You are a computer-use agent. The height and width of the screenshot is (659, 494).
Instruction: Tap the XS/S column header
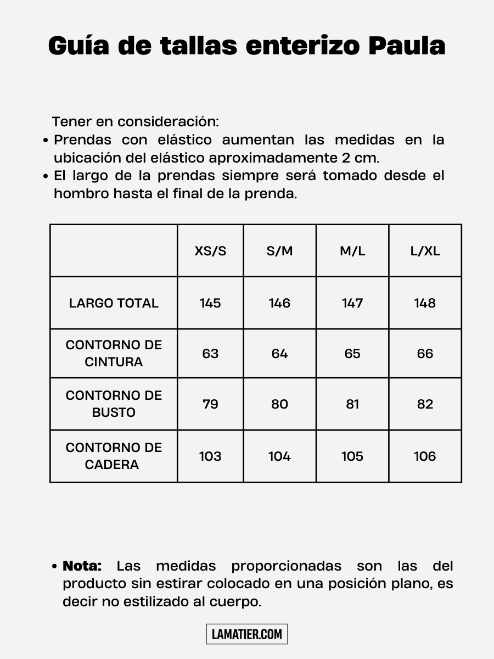pyautogui.click(x=210, y=251)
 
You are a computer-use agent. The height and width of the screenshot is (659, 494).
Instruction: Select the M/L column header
pyautogui.click(x=352, y=251)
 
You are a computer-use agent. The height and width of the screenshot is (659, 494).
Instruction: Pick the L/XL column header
pyautogui.click(x=425, y=251)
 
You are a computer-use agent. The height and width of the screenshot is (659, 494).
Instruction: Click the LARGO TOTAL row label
pyautogui.click(x=114, y=303)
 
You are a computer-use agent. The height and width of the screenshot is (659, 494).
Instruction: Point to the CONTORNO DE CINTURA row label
pyautogui.click(x=114, y=353)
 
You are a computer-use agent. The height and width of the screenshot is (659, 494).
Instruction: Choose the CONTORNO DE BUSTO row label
pyautogui.click(x=114, y=404)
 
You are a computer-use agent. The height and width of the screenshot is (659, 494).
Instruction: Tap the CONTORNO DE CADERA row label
pyautogui.click(x=114, y=456)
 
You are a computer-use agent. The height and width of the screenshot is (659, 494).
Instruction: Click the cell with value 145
pyautogui.click(x=210, y=303)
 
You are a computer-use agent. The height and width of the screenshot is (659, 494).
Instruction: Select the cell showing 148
pyautogui.click(x=425, y=303)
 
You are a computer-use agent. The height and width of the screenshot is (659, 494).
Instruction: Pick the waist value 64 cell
pyautogui.click(x=279, y=354)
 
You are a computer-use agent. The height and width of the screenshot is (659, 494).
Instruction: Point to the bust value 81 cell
pyautogui.click(x=352, y=404)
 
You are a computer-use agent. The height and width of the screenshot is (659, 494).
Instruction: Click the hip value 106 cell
pyautogui.click(x=425, y=456)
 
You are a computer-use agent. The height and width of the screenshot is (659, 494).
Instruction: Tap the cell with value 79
pyautogui.click(x=210, y=404)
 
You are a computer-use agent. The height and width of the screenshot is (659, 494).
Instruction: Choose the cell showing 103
pyautogui.click(x=210, y=456)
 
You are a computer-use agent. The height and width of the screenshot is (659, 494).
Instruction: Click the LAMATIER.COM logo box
pyautogui.click(x=247, y=634)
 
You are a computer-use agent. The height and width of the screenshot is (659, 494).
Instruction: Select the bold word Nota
pyautogui.click(x=82, y=566)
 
